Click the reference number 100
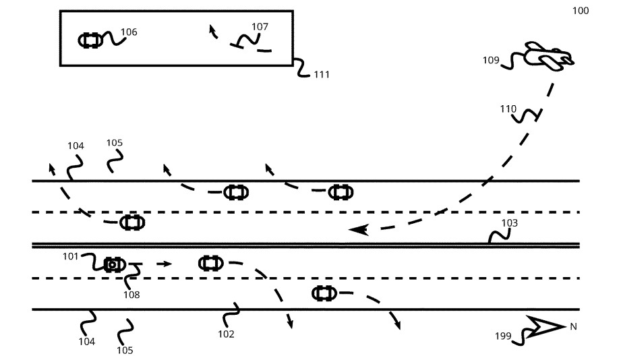581,11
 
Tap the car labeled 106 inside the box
90,40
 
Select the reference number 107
260,26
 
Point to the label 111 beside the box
322,74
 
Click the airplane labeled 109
548,56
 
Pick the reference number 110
508,109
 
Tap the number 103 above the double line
509,223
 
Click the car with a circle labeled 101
115,264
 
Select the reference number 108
131,295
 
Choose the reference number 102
226,334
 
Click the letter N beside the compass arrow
573,326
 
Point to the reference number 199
503,336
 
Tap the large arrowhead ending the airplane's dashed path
359,229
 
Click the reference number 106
129,32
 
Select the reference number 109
491,60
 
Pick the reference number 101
70,257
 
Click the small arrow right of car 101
165,264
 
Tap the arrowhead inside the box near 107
212,29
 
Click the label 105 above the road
115,142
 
